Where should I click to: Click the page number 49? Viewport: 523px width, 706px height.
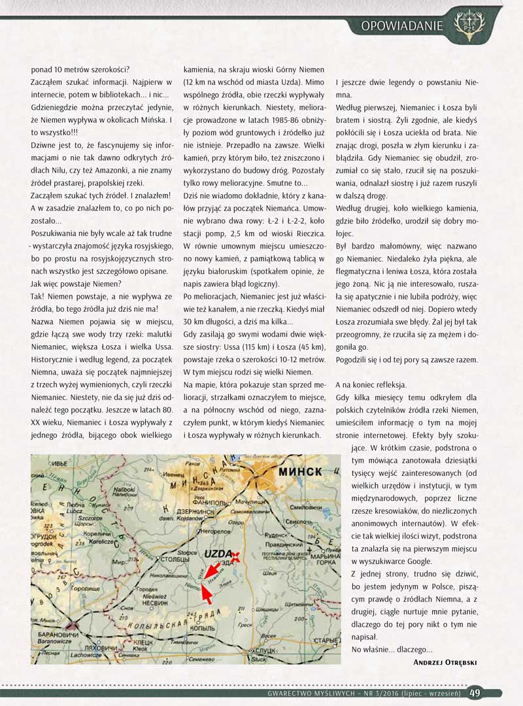(x=475, y=693)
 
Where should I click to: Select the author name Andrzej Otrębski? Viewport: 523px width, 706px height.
(x=445, y=662)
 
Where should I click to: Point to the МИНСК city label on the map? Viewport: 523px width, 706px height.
(x=301, y=471)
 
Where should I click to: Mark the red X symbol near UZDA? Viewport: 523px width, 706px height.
(x=237, y=556)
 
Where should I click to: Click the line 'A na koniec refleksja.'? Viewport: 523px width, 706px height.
(x=371, y=384)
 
